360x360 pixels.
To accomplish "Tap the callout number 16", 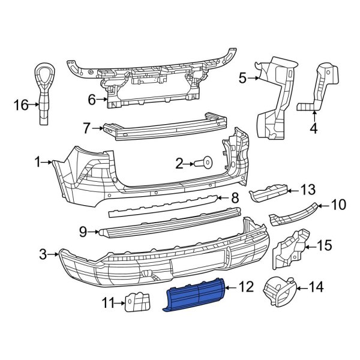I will [21, 106].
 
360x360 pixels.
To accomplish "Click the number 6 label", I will [92, 100].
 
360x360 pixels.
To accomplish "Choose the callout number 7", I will [86, 128].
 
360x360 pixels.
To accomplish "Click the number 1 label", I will [37, 161].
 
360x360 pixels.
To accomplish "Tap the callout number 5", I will [242, 77].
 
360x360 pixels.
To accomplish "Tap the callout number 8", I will [235, 197].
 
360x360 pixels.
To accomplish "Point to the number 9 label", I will [83, 230].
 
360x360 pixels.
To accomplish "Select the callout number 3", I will [43, 255].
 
